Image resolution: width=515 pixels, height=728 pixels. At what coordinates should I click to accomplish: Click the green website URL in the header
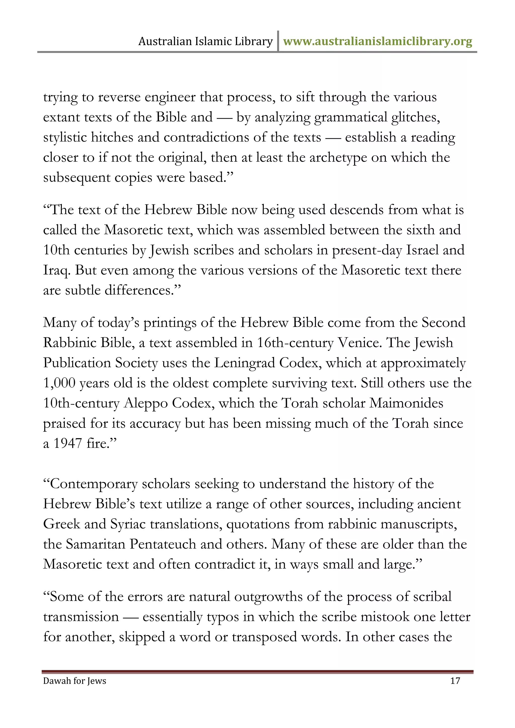tap(377, 41)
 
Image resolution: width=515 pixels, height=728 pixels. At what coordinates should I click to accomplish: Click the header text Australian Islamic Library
tap(205, 41)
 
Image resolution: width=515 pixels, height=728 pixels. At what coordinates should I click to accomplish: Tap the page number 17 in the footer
tap(455, 681)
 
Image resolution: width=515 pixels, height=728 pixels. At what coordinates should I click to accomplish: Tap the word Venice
tap(359, 343)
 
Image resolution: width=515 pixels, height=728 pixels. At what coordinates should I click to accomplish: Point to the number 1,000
tap(59, 383)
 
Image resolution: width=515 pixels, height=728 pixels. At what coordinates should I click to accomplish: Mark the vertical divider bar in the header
tap(278, 41)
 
